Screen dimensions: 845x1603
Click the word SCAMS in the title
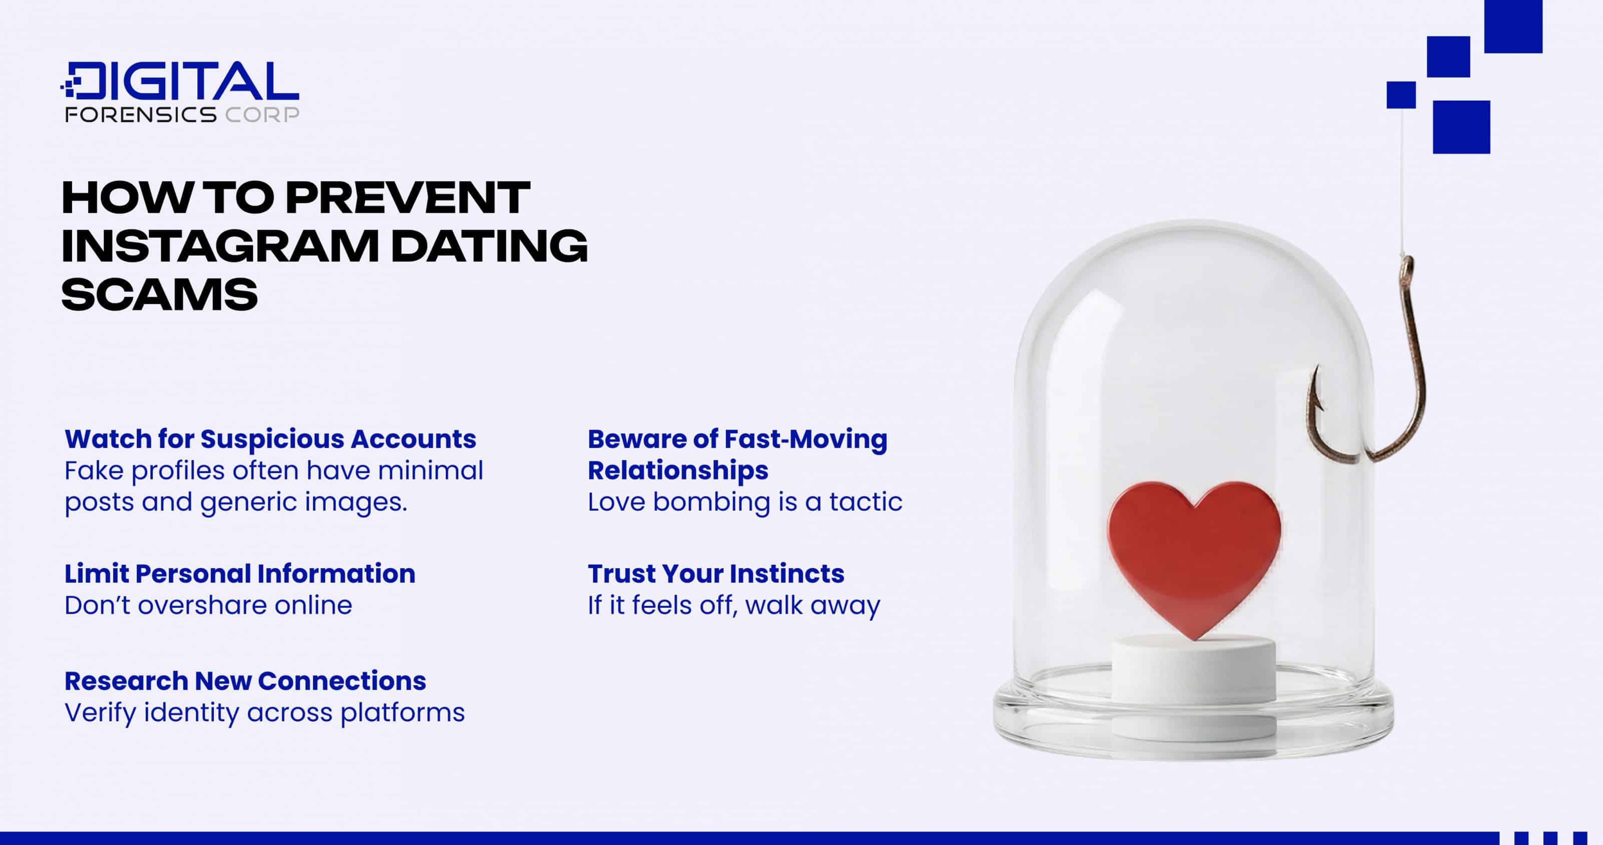159,294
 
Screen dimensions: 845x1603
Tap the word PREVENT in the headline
408,198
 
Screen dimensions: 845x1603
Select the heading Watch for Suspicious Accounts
270,439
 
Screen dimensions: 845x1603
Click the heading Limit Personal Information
239,573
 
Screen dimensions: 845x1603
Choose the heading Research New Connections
245,681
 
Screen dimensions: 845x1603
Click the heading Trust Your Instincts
716,573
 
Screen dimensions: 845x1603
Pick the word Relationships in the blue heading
678,470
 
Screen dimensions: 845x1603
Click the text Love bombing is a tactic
745,502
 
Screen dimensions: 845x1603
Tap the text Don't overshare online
208,605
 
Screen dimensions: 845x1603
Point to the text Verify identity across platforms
264,712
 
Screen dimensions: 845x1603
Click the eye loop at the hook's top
1406,267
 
